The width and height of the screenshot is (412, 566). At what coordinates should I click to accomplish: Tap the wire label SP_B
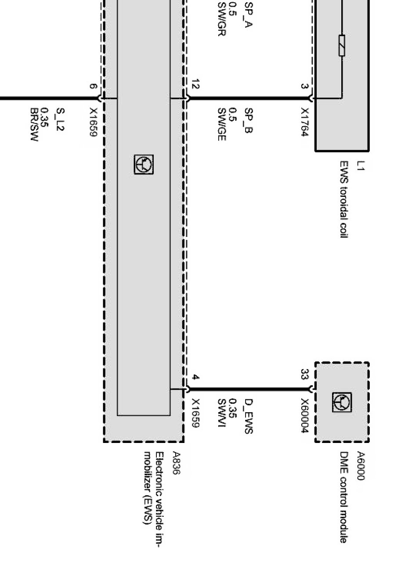tap(248, 120)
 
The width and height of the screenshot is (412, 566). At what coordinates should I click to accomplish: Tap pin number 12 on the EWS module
tap(196, 85)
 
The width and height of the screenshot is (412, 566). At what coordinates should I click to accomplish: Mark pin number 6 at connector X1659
tap(93, 87)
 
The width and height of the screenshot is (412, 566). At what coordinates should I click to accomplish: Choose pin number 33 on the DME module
tap(304, 374)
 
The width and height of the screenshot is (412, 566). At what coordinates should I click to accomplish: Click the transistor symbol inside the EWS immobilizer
tap(144, 164)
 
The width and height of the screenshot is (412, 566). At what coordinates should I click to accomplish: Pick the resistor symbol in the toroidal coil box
tap(342, 46)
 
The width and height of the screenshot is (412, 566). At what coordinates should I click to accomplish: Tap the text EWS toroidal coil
tap(343, 199)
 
